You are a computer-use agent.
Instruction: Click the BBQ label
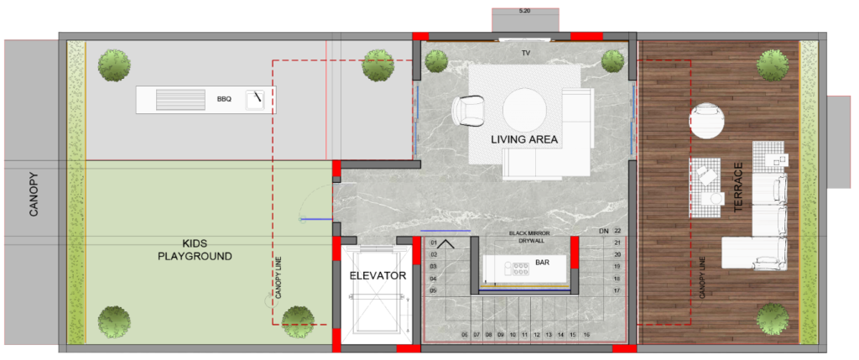[225, 100]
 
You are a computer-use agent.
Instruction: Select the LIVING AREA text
[524, 140]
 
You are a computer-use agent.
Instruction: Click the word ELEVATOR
[378, 275]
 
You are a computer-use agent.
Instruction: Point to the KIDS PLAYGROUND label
[195, 249]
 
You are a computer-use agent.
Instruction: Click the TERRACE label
[737, 187]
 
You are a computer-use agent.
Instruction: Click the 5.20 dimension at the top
[525, 10]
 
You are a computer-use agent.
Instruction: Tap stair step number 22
[618, 232]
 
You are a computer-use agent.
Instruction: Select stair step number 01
[434, 243]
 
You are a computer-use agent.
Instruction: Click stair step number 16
[586, 334]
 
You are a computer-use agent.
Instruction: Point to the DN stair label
[604, 232]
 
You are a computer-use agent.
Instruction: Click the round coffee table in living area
[525, 111]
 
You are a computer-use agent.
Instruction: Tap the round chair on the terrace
[706, 120]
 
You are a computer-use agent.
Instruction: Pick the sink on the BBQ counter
[255, 100]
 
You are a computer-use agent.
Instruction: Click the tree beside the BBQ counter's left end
[115, 65]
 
